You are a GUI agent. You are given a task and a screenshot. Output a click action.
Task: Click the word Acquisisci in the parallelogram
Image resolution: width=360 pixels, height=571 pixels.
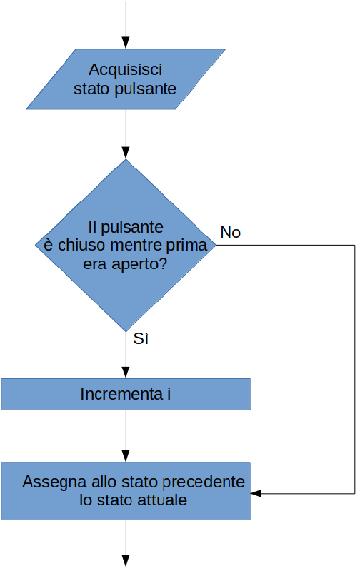tap(125, 69)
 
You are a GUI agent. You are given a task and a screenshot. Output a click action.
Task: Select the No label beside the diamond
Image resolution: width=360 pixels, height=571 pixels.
tap(230, 233)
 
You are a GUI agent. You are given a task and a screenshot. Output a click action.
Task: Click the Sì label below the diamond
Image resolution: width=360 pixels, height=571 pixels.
tap(141, 338)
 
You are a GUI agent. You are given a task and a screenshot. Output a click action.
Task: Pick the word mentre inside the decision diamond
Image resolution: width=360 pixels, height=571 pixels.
tap(136, 245)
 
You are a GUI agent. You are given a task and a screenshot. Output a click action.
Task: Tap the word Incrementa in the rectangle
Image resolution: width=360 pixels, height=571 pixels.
tap(121, 394)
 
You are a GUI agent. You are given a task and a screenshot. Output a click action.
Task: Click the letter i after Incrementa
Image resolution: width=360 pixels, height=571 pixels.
tap(169, 394)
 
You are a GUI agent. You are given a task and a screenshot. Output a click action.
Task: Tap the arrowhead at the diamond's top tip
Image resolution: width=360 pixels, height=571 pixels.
tap(126, 153)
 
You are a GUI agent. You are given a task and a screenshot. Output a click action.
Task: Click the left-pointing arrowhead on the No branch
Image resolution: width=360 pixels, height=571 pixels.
tap(256, 493)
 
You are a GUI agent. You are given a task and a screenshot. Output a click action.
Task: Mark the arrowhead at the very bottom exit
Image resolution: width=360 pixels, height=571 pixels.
tap(126, 560)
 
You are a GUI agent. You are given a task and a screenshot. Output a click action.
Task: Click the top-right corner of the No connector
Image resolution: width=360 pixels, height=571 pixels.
tap(354, 245)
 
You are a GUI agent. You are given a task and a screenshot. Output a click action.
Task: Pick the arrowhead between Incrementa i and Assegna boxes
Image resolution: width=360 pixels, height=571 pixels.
tap(126, 456)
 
